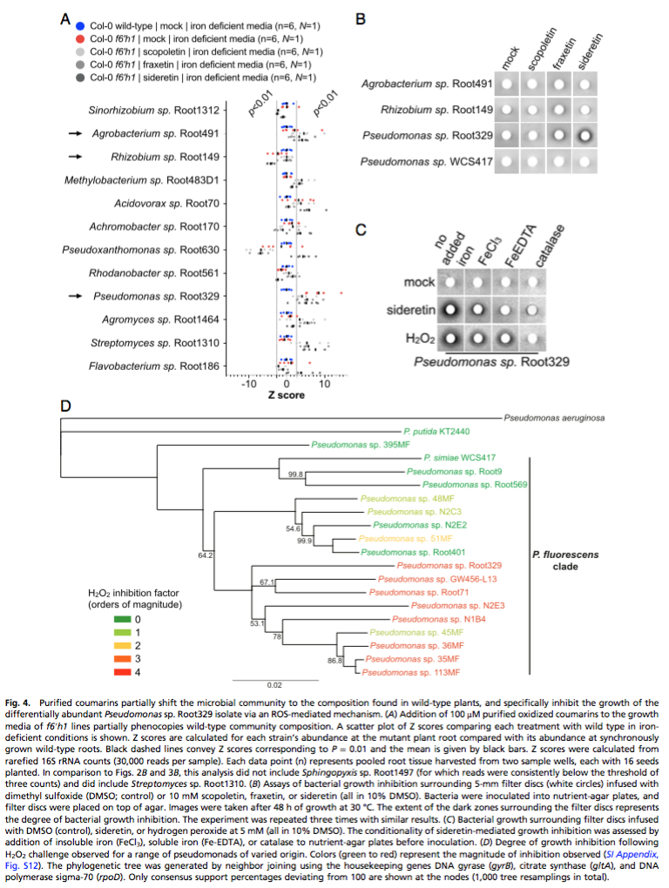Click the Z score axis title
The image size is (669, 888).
pos(287,396)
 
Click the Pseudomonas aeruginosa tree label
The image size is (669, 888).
pos(554,418)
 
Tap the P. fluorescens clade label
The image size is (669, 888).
pos(571,561)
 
